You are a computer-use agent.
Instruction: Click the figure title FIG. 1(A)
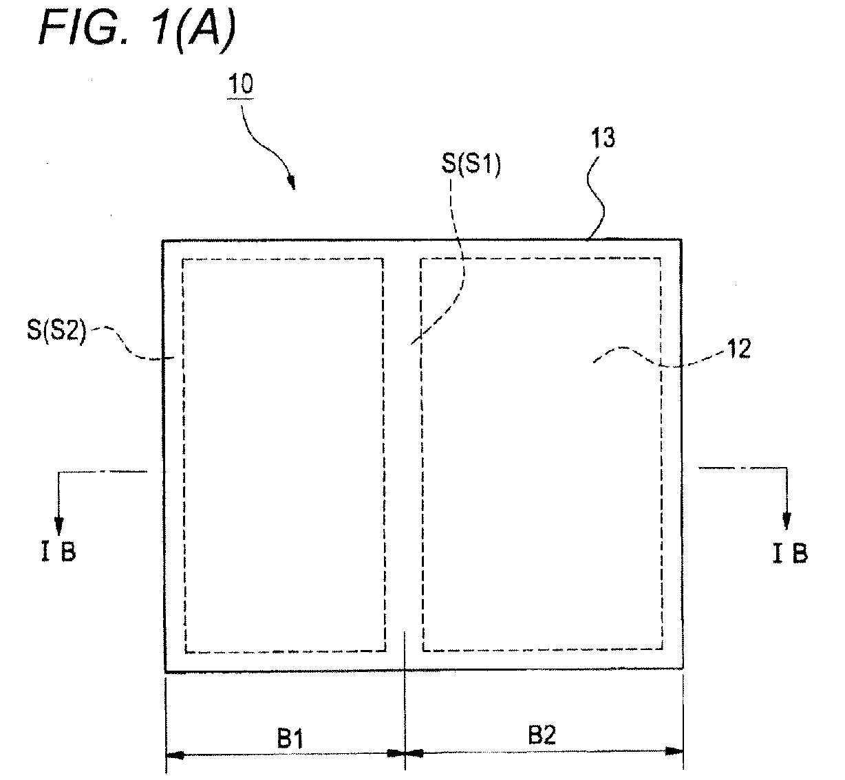pyautogui.click(x=137, y=28)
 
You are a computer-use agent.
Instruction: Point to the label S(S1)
pyautogui.click(x=471, y=164)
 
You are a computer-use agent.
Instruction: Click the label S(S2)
pyautogui.click(x=56, y=330)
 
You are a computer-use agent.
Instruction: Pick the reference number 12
pyautogui.click(x=738, y=349)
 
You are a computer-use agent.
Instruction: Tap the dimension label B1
pyautogui.click(x=290, y=738)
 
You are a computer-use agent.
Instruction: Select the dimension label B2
pyautogui.click(x=542, y=735)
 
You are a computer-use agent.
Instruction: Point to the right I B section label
pyautogui.click(x=790, y=554)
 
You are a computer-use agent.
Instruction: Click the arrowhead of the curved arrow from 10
pyautogui.click(x=292, y=183)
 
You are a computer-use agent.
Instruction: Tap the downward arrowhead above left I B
pyautogui.click(x=58, y=523)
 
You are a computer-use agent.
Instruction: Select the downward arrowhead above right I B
pyautogui.click(x=787, y=521)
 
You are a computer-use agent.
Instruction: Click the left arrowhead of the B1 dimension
pyautogui.click(x=175, y=755)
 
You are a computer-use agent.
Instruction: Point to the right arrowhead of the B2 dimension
pyautogui.click(x=674, y=751)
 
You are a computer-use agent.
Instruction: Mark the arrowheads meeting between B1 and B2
pyautogui.click(x=405, y=753)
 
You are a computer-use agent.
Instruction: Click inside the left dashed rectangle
pyautogui.click(x=284, y=455)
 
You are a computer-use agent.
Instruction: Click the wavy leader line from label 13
pyautogui.click(x=595, y=198)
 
